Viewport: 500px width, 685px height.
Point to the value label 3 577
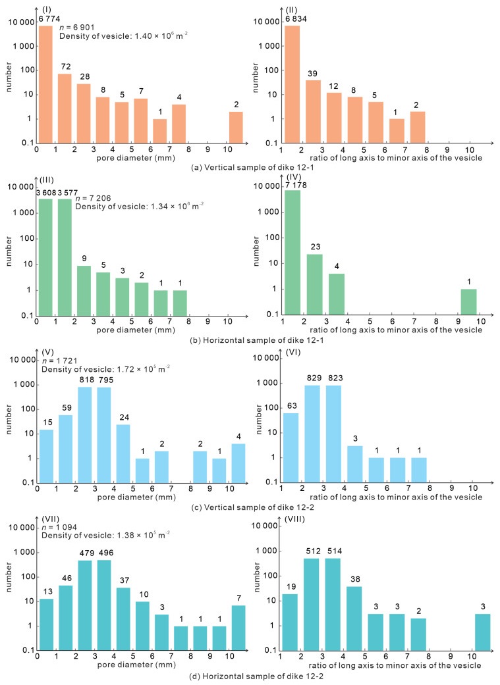click(x=64, y=192)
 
